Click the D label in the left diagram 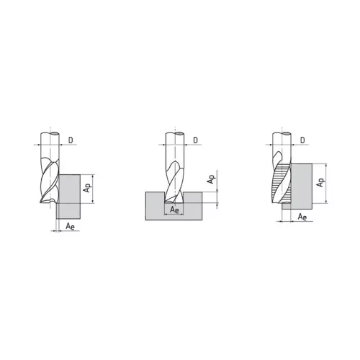(71, 140)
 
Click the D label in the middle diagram (196, 140)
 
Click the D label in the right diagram (302, 140)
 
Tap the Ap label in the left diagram (87, 187)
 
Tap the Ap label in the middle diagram (211, 179)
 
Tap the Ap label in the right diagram (320, 182)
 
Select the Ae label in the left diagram (70, 226)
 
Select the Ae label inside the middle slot (174, 210)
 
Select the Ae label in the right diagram (302, 217)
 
